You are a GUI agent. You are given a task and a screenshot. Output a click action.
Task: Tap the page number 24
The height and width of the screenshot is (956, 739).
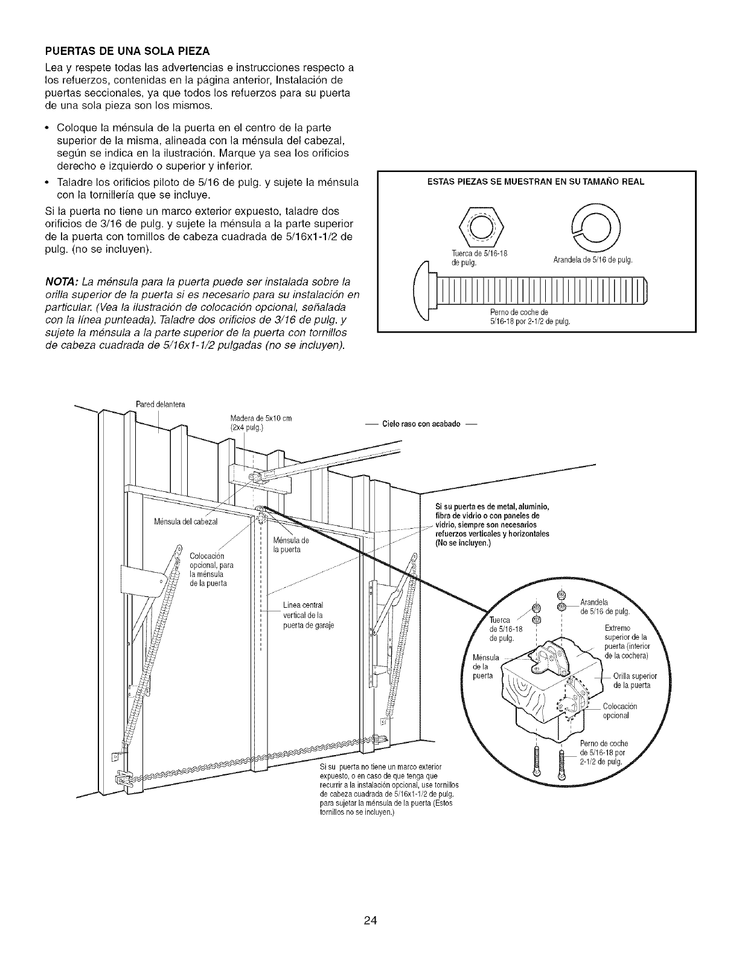(x=369, y=903)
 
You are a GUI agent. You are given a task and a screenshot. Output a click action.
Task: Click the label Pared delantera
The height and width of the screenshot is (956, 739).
(x=158, y=404)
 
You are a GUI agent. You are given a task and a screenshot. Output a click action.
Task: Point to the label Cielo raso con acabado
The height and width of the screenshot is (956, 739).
(x=421, y=424)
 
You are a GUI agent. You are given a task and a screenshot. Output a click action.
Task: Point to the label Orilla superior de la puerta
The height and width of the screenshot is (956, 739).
(x=632, y=680)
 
